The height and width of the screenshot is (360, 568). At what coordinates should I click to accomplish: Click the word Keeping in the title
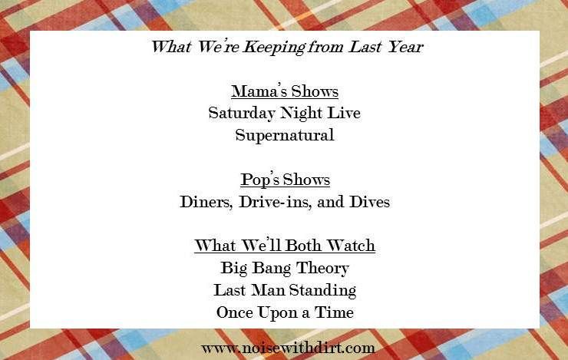tap(274, 47)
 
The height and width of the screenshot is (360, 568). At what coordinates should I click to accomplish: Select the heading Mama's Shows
tap(285, 91)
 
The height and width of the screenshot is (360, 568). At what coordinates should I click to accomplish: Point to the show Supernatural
tap(285, 136)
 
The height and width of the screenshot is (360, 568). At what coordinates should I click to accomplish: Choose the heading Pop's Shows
tap(285, 180)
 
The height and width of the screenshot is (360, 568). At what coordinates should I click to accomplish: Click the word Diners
tap(206, 202)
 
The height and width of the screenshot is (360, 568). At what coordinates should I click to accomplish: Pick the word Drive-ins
tap(275, 202)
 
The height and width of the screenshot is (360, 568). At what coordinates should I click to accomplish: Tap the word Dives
tap(369, 202)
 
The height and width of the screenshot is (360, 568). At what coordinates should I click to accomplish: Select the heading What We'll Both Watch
tap(285, 245)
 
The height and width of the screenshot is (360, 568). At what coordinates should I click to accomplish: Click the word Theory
tap(322, 269)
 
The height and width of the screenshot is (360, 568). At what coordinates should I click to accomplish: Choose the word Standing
tap(322, 290)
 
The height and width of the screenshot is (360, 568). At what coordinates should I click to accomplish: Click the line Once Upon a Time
tap(285, 312)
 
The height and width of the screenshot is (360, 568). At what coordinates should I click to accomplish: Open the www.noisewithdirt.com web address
tap(288, 348)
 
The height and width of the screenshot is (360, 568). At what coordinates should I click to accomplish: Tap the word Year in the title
tap(405, 47)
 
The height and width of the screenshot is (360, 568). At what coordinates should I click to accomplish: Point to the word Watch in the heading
tap(351, 245)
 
